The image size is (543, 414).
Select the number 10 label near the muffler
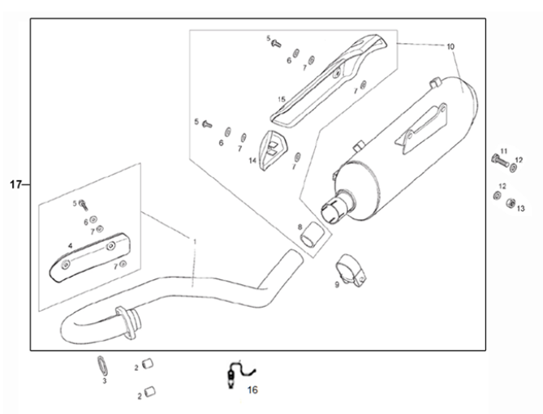pos(450,46)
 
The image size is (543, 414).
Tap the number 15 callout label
pos(281,99)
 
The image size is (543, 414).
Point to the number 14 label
pos(252,161)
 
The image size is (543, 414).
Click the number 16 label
pos(252,390)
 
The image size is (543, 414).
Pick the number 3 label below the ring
pos(104,380)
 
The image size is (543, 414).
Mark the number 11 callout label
pos(503,151)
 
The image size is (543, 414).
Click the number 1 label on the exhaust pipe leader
pos(194,240)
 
